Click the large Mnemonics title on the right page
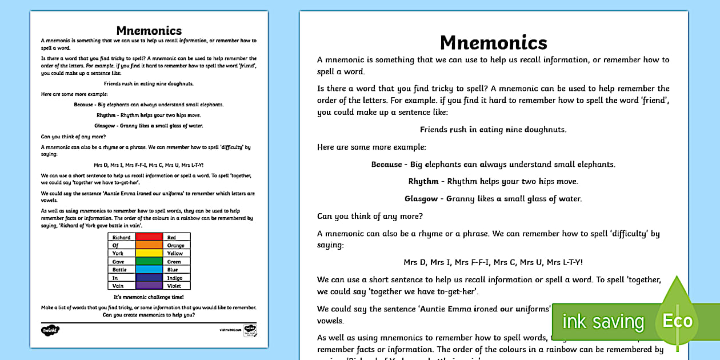pos(493,42)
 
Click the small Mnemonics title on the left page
pos(149,31)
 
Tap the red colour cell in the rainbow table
pos(149,237)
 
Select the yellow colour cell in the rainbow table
pos(149,253)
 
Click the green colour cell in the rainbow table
pos(149,261)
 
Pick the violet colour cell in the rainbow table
pos(149,285)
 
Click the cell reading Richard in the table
pos(121,237)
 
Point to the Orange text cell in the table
pos(175,245)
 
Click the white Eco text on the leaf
pos(677,321)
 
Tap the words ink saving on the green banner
pos(603,322)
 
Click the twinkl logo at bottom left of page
pos(50,330)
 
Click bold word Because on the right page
pos(387,164)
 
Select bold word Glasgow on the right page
pos(421,199)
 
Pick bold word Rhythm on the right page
pos(423,181)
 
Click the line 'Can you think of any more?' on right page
pos(370,216)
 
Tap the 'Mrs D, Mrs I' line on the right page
pos(493,262)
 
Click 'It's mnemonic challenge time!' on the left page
pos(149,297)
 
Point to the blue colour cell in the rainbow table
pos(149,269)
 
